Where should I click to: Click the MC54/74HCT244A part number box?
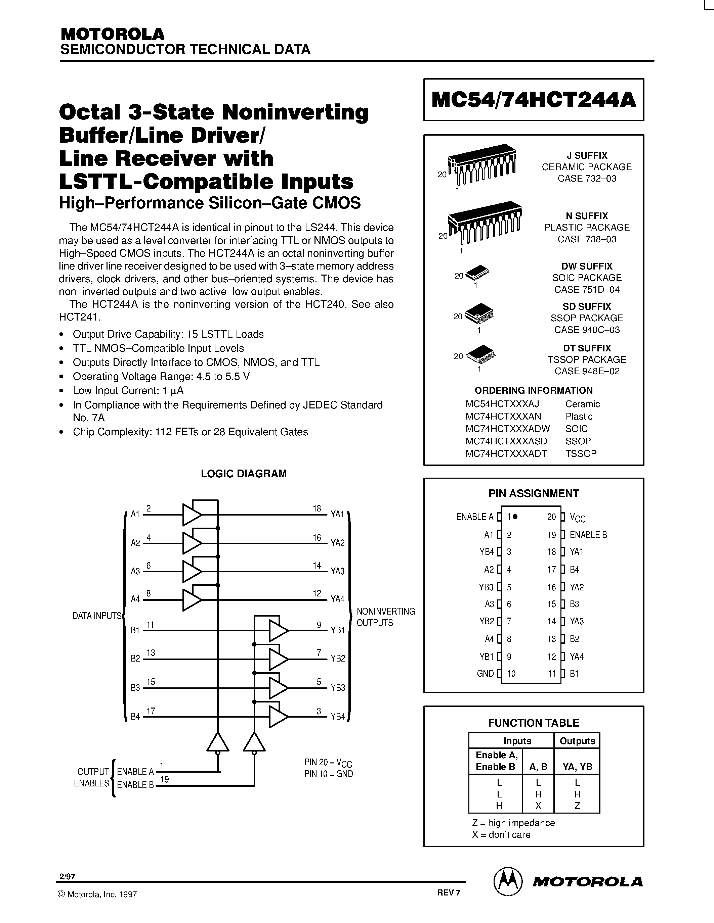[x=533, y=100]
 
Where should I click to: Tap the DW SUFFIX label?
[x=587, y=266]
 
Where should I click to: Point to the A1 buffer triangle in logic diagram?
[x=191, y=515]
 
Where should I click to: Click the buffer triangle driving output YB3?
[x=278, y=688]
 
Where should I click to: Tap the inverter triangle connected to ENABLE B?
[x=254, y=742]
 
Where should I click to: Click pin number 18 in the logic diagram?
[x=317, y=509]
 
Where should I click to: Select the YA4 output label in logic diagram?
[x=338, y=599]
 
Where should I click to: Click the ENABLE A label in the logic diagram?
[x=135, y=771]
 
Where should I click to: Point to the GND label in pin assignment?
[x=485, y=674]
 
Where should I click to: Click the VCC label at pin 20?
[x=577, y=518]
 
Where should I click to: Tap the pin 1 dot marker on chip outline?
[x=515, y=517]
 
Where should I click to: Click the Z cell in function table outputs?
[x=577, y=806]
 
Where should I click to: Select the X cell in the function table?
[x=538, y=806]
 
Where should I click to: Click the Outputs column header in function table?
[x=577, y=741]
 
